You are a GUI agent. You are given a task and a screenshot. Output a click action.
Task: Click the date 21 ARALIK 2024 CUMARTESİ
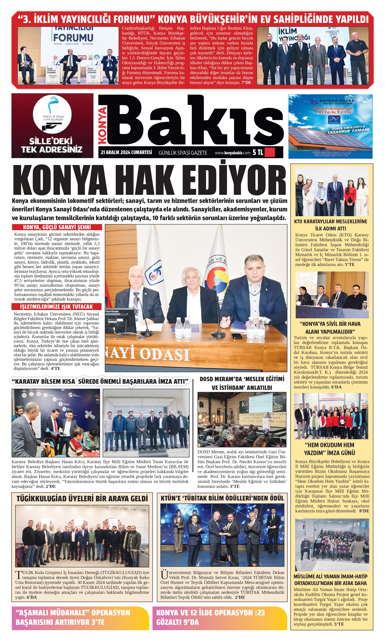126,152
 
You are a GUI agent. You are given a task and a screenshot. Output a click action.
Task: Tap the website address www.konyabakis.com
233,153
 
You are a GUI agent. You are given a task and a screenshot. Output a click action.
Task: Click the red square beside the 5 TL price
270,152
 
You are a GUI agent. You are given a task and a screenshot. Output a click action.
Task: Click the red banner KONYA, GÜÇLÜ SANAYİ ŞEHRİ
57,227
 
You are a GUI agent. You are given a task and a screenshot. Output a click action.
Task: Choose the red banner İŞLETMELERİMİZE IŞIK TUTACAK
56,306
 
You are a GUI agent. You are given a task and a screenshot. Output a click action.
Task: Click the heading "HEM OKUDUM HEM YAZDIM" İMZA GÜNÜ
329,449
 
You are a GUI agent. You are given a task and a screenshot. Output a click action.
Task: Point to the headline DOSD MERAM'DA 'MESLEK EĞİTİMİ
242,379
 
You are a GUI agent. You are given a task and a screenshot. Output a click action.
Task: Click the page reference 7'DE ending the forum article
247,83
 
